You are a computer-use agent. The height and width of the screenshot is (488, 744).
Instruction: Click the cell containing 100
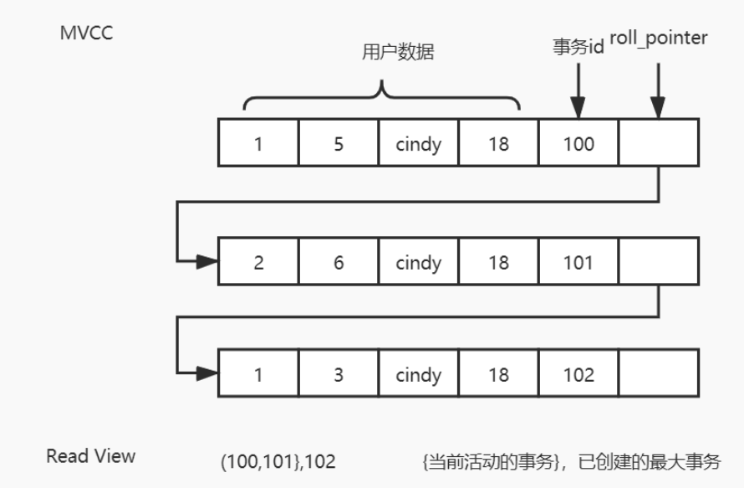click(578, 144)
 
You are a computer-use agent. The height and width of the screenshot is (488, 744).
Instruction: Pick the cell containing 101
click(578, 263)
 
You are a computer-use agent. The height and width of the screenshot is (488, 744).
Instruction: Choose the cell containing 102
click(578, 375)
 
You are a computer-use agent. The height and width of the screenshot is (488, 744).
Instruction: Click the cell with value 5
click(338, 144)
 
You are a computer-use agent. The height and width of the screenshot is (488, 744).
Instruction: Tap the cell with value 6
click(338, 263)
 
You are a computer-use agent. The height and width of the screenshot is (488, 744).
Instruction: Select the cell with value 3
click(338, 375)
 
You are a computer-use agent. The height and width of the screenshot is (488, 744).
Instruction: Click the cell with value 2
click(258, 263)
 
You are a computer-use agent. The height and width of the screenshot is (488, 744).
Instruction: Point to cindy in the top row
click(418, 144)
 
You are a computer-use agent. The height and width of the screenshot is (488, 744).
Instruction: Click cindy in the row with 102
click(418, 375)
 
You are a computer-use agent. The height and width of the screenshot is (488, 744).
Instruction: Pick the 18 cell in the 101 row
click(498, 263)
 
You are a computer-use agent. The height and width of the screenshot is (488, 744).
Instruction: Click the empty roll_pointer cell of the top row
click(659, 144)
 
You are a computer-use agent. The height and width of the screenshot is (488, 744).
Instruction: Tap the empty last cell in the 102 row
click(659, 375)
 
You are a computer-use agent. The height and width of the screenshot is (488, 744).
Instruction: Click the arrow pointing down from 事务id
click(578, 92)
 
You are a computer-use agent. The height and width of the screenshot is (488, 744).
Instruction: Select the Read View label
click(90, 456)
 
